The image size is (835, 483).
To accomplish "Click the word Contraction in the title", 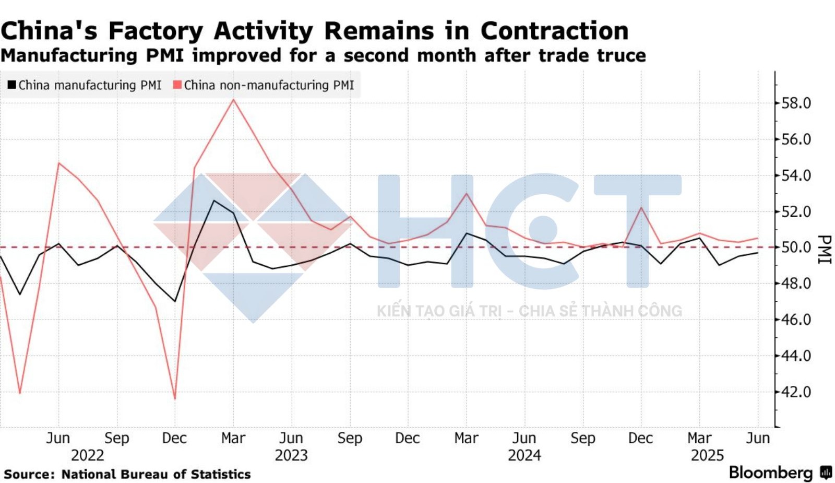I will point(554,31).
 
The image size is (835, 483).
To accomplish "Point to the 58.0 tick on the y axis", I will point(795,103).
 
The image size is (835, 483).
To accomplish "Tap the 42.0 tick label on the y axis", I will point(795,392).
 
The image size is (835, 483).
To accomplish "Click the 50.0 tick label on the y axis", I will point(795,248).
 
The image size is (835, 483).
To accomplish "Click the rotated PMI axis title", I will point(824,249).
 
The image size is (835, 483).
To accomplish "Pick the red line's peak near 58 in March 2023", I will point(233,100).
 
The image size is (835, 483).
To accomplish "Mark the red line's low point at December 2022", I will point(175,399).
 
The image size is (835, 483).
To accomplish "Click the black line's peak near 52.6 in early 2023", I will point(213,201).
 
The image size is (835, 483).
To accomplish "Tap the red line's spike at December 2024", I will point(641,207).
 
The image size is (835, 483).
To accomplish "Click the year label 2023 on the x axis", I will point(291,455).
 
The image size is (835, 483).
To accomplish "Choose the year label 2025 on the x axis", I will point(707,455).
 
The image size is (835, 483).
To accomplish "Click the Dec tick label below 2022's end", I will point(174,438).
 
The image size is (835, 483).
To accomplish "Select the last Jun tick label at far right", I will point(758,438).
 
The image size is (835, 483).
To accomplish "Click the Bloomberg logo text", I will point(770,473).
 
